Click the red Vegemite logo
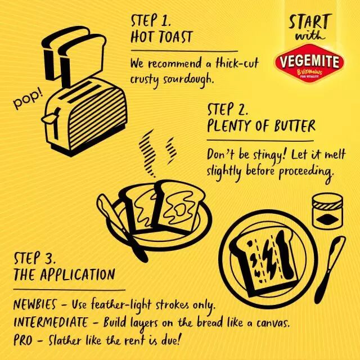(310, 63)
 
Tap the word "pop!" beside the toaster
(28, 100)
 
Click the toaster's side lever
(49, 118)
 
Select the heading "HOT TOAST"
(161, 37)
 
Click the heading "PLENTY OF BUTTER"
(261, 126)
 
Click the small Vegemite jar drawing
(327, 211)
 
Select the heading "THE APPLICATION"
(64, 274)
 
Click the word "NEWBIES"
(35, 304)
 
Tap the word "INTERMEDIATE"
(51, 322)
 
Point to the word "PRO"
(22, 340)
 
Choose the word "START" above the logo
(310, 21)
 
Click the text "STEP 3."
(35, 258)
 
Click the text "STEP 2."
(228, 110)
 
